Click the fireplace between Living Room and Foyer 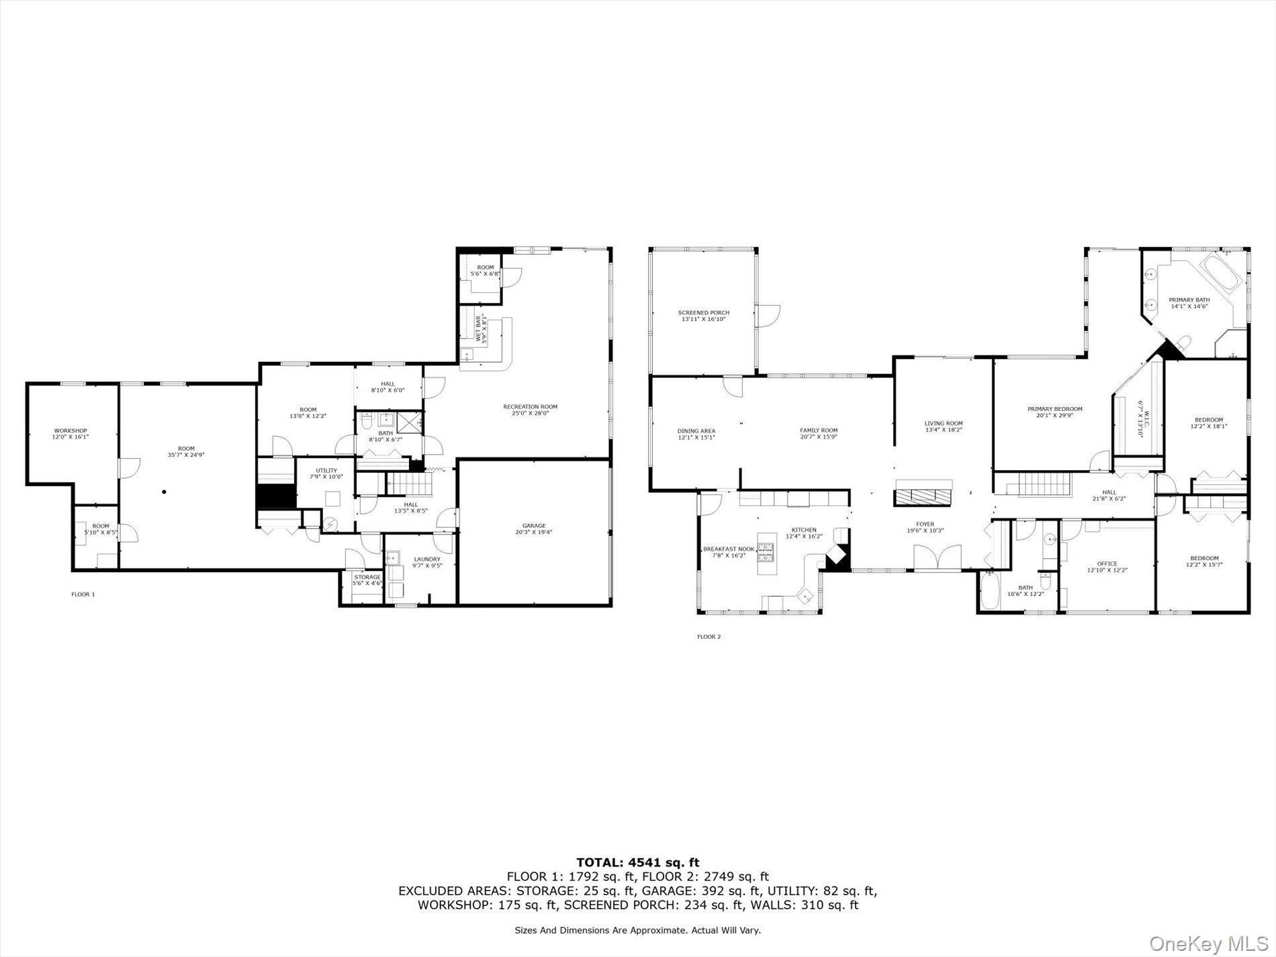[x=923, y=496]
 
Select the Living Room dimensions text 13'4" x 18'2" [x=944, y=430]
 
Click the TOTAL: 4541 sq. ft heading [x=637, y=862]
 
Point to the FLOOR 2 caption [x=709, y=637]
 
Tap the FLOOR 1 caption [x=83, y=594]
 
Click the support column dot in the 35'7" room [x=164, y=492]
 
